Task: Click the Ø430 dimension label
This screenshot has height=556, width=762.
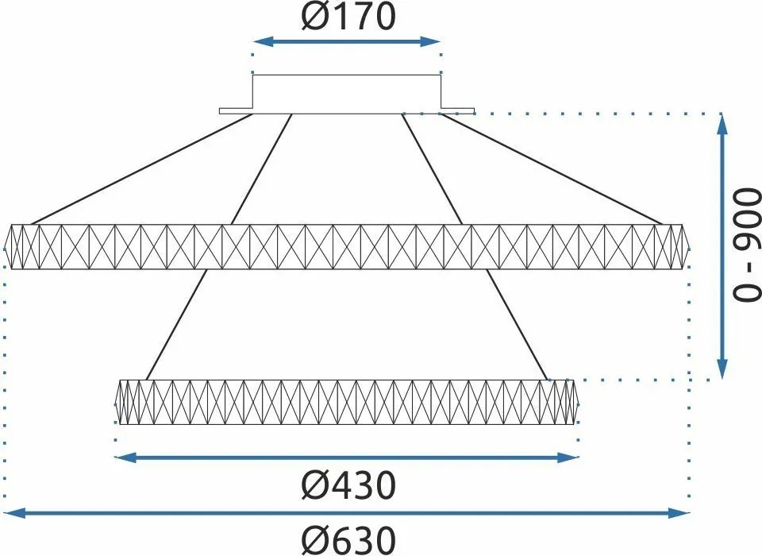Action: pyautogui.click(x=348, y=485)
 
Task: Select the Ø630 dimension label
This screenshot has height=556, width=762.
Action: pyautogui.click(x=348, y=540)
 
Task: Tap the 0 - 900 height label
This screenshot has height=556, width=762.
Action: pyautogui.click(x=747, y=246)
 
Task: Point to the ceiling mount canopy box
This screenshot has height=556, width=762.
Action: pyautogui.click(x=347, y=94)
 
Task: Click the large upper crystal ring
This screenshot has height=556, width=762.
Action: pyautogui.click(x=347, y=246)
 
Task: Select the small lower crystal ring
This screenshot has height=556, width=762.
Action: pyautogui.click(x=347, y=402)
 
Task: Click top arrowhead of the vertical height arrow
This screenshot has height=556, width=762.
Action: pyautogui.click(x=722, y=122)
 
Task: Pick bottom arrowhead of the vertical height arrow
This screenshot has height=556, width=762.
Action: pyautogui.click(x=722, y=371)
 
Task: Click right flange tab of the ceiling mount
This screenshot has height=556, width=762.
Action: pyautogui.click(x=458, y=110)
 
